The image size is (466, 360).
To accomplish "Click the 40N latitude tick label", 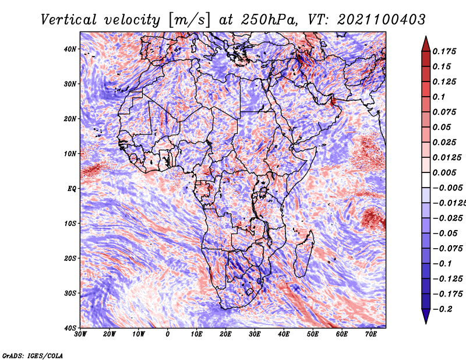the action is pos(70,49).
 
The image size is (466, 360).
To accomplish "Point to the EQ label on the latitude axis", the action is pos(72,189).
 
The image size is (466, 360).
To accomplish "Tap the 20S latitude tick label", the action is pos(70,258).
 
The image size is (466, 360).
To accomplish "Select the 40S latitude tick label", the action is pos(70,328).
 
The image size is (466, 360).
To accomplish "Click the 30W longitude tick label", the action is pos(80,334).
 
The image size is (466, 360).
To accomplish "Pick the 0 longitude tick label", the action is pos(168,334).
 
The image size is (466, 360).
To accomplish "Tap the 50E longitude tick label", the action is pos(313,334).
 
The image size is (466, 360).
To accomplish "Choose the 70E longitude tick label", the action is pos(371,334).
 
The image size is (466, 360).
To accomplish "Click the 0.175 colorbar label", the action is pos(444,51).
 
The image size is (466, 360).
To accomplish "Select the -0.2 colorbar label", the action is pos(443,309).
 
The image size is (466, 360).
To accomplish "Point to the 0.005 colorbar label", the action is pos(444,172).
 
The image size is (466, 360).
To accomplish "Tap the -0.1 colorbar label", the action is pos(443,264).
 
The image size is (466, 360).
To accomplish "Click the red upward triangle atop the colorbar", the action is pos(426,45).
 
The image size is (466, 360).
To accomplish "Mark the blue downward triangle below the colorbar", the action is pos(426,316).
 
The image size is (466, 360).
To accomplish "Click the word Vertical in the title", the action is pos(69,20).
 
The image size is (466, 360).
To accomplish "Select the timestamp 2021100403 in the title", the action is pos(382,20).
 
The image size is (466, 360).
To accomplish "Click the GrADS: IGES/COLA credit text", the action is pos(33,355).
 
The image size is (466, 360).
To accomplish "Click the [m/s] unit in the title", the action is pos(190,20).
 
